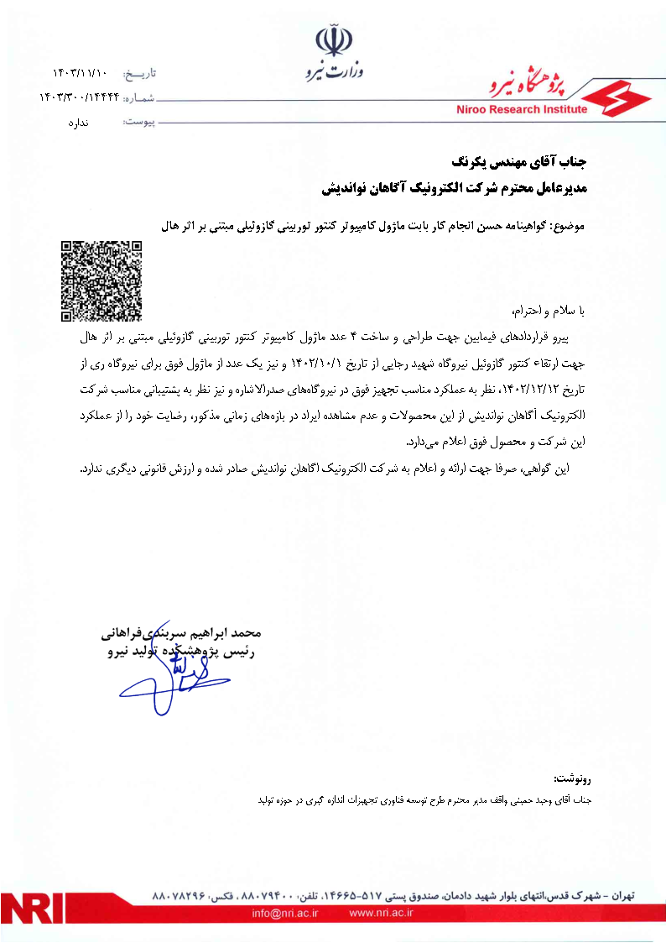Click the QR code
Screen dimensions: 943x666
101,281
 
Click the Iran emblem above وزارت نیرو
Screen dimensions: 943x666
330,40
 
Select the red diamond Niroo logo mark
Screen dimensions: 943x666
616,98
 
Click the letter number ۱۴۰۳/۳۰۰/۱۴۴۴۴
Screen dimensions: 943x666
80,98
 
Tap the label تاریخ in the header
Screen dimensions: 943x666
138,75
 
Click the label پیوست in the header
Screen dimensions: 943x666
138,123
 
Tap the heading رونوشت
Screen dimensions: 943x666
573,780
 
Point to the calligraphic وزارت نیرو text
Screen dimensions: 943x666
336,72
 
